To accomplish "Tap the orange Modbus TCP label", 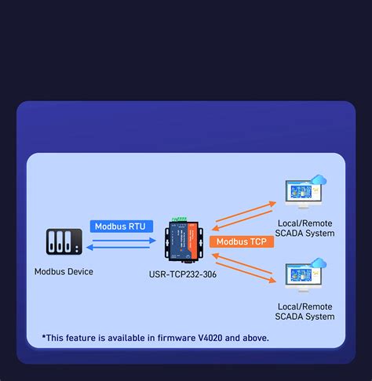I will point(242,241).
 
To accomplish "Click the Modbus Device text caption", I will point(64,272).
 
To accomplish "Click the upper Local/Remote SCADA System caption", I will point(305,228).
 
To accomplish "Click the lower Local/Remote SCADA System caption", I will point(305,311).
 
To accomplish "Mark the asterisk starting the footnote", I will point(44,337).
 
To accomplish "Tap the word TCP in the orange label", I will point(258,241).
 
